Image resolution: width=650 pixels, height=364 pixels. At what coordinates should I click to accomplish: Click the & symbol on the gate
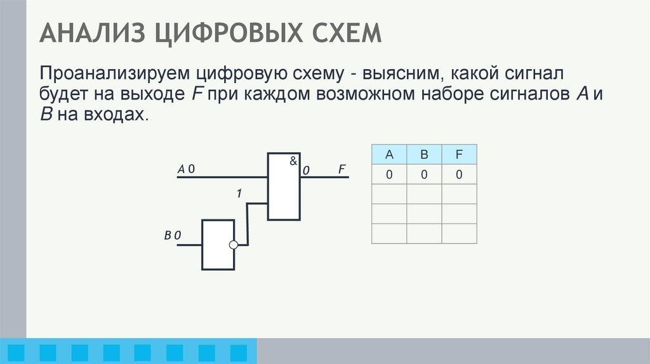click(293, 161)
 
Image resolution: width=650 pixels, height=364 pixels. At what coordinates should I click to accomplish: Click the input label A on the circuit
click(181, 169)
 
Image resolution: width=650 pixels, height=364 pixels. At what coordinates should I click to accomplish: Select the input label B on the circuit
click(168, 236)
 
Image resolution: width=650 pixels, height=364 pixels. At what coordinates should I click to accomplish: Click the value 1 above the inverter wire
click(239, 194)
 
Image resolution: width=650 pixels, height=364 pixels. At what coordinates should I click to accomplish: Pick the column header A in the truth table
click(389, 154)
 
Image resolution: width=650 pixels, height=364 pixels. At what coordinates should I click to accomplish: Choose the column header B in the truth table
click(424, 154)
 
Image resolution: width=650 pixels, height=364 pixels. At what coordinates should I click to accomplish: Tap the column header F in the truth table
click(459, 154)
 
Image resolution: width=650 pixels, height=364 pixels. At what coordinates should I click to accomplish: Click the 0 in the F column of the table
click(459, 174)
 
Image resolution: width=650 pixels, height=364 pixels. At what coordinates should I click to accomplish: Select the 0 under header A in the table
click(389, 174)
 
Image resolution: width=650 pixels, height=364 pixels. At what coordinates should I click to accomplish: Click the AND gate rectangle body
click(284, 190)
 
